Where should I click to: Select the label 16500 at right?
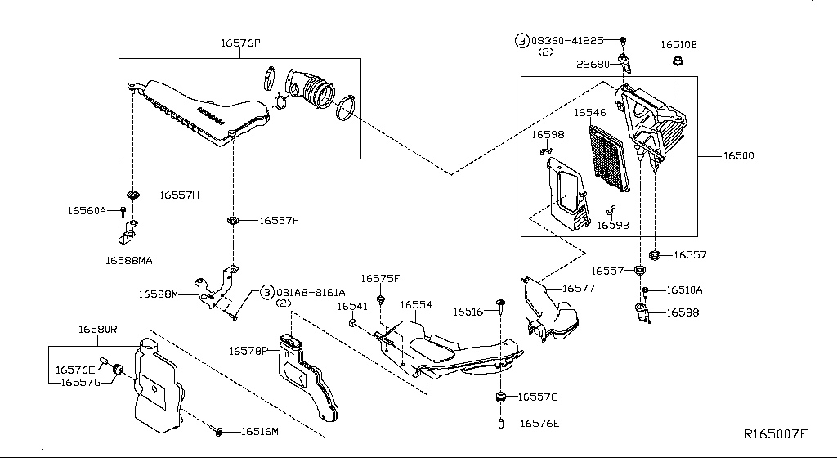point(737,155)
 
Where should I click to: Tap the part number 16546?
point(589,114)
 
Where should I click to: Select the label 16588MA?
point(128,261)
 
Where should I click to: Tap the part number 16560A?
point(87,210)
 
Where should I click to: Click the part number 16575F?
point(380,279)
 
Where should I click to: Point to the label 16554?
point(416,304)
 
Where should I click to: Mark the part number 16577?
point(579,289)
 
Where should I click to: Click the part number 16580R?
point(98,330)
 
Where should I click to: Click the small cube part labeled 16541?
point(352,323)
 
